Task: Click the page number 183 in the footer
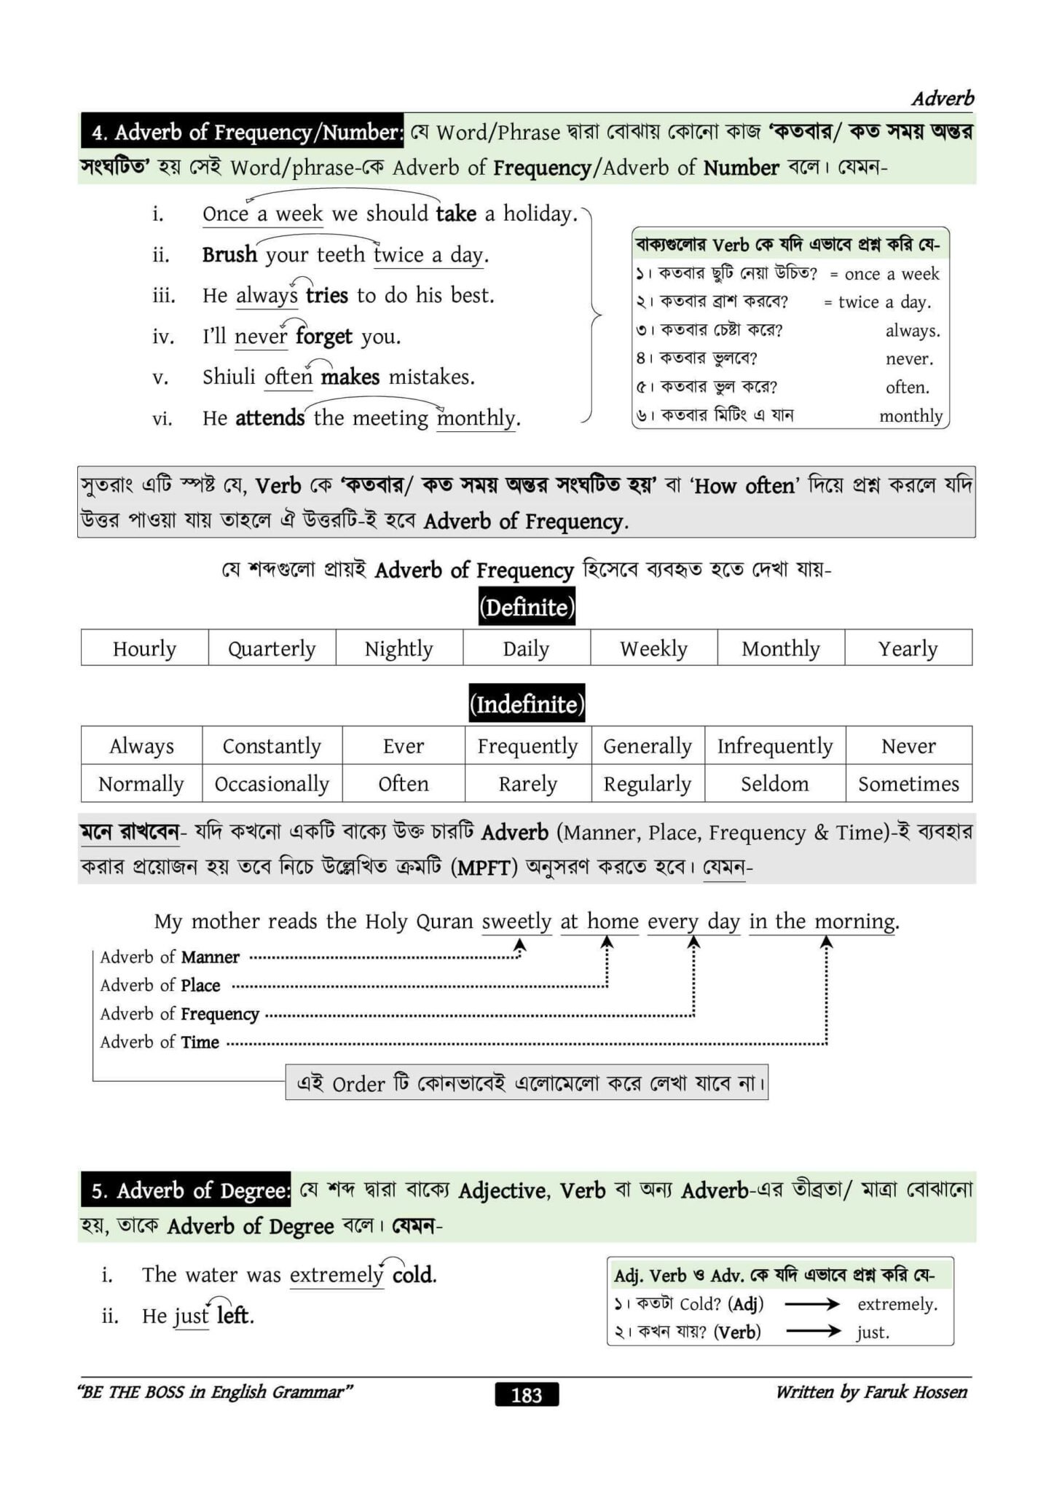coord(526,1394)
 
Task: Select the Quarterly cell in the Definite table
coord(272,648)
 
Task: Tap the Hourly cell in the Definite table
coord(144,648)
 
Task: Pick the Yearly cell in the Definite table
coord(908,648)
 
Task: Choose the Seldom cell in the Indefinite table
coord(774,784)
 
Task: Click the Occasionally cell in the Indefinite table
coord(272,784)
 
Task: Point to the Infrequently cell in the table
coord(774,746)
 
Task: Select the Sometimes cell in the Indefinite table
coord(908,784)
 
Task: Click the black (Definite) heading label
coord(527,608)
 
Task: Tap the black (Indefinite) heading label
coord(527,704)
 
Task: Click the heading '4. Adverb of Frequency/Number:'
coord(243,132)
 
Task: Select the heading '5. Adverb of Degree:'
coord(186,1190)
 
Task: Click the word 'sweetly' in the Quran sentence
coord(516,922)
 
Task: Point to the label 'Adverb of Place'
coord(160,986)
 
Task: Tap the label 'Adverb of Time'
coord(160,1043)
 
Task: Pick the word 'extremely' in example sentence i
coord(336,1275)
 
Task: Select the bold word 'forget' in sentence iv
coord(324,337)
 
